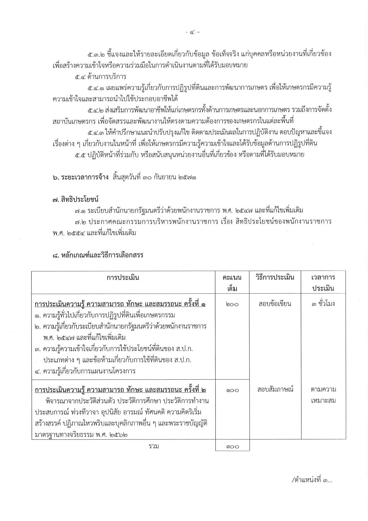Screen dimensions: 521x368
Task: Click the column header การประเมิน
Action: click(123, 278)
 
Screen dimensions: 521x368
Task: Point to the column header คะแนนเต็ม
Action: click(232, 283)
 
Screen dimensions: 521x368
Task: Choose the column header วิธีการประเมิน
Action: click(275, 278)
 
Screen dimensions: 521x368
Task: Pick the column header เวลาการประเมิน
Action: click(323, 283)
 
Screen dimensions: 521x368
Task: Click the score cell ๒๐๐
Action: click(232, 304)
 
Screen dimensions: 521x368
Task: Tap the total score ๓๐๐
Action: click(232, 446)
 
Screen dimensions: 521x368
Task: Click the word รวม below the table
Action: click(154, 446)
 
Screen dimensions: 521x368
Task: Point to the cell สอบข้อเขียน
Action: click(275, 304)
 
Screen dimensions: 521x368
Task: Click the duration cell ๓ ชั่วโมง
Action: click(323, 304)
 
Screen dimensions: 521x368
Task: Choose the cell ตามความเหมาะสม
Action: click(323, 395)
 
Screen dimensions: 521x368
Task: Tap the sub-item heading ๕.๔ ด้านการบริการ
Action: click(100, 77)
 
